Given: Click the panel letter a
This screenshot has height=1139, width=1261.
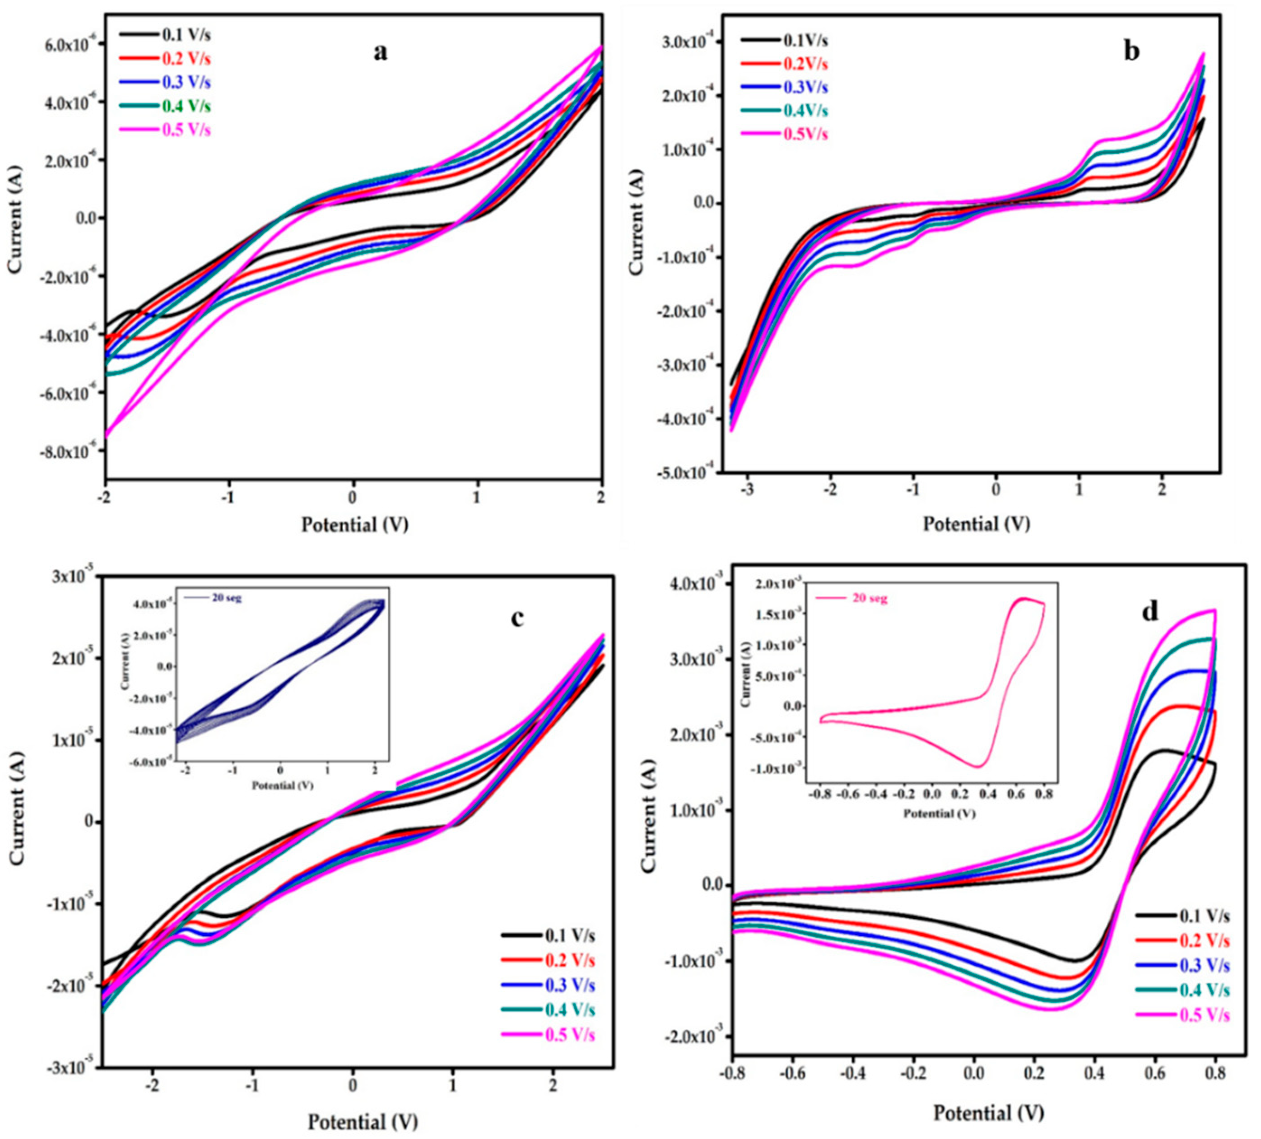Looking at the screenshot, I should pos(380,52).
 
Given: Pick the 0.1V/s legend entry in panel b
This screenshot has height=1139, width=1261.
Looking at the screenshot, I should pos(805,41).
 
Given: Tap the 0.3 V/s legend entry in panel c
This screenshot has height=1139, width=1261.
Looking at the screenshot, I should pos(570,985).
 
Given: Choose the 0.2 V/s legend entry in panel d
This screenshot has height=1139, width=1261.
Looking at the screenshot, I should pos(1204,941).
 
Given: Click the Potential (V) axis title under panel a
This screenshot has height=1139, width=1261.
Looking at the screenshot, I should pos(355,524).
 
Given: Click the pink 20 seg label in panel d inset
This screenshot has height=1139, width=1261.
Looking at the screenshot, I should pos(870,599).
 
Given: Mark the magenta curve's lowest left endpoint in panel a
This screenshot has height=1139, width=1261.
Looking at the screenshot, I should pos(107,436).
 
